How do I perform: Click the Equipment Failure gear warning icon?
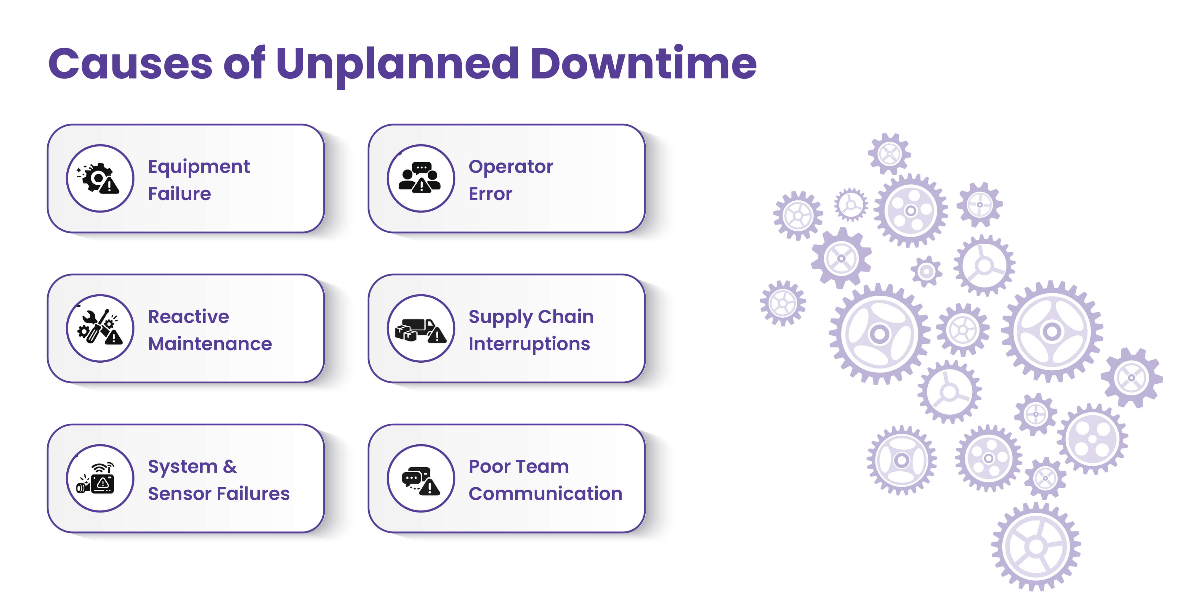[x=100, y=179]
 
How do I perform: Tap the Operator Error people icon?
[x=421, y=179]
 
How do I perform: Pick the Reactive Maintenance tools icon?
[x=100, y=328]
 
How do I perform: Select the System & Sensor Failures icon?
[x=100, y=478]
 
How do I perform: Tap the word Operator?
[x=511, y=166]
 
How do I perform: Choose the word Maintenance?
[x=210, y=344]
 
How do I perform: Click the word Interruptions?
[x=529, y=344]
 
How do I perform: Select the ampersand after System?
[x=230, y=466]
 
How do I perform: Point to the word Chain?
[x=565, y=316]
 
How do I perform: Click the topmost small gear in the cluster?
[x=889, y=154]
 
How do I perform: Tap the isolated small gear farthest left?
[x=782, y=303]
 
